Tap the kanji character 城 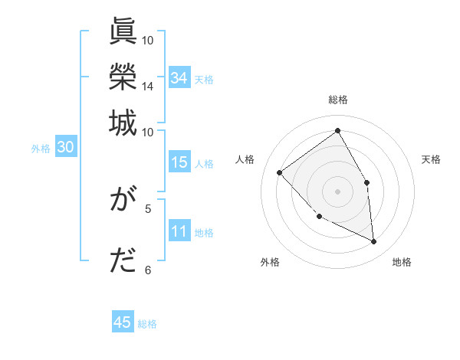tap(123, 122)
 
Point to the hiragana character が tap(123, 201)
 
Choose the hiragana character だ tap(123, 260)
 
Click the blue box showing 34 tap(179, 78)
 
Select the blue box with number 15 tap(179, 162)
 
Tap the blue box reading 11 tap(179, 232)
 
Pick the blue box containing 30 tap(65, 148)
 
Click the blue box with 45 tap(123, 322)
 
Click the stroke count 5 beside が tap(148, 208)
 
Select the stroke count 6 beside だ tap(148, 269)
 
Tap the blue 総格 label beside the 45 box tap(147, 324)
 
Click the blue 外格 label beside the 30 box tap(41, 149)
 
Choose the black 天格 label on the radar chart tap(431, 159)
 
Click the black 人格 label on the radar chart tap(245, 159)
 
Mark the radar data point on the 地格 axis tap(373, 242)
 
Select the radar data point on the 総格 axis tap(337, 130)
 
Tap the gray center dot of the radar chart tap(337, 191)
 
